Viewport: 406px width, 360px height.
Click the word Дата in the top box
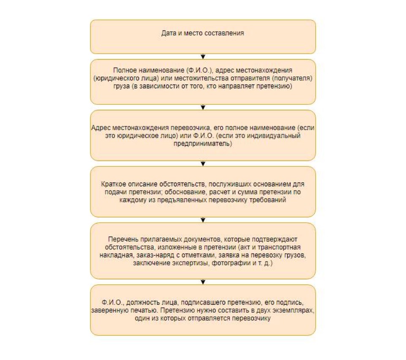coord(169,33)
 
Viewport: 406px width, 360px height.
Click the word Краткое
coord(114,184)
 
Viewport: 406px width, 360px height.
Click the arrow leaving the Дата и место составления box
coord(203,56)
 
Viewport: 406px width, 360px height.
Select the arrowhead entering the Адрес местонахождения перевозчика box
coord(203,107)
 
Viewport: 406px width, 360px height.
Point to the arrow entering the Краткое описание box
coord(203,164)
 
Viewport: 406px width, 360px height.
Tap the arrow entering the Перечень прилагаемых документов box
coord(203,220)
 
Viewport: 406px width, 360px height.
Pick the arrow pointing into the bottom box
coord(203,281)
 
